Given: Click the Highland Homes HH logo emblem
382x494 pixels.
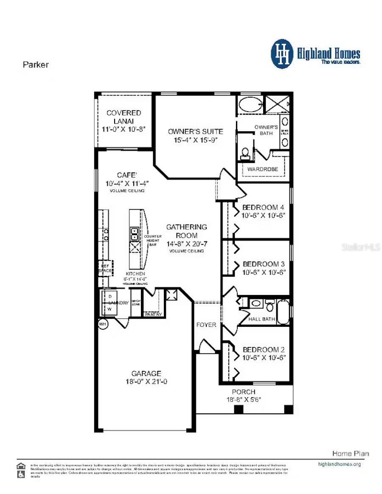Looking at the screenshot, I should click(x=282, y=54).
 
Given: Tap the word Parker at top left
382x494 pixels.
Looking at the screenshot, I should click(x=36, y=65).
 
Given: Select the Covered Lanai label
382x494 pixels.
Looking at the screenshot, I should click(x=124, y=117).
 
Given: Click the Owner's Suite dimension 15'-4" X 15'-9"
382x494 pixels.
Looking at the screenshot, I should click(x=195, y=140).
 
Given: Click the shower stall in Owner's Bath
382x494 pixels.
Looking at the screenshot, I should click(x=277, y=104).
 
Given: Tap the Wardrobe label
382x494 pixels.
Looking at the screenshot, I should click(x=263, y=169).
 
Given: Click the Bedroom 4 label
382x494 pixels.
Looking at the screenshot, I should click(x=263, y=208).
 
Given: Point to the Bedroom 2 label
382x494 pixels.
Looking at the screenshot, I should click(x=263, y=350).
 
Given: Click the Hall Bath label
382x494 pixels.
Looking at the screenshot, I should click(x=262, y=319).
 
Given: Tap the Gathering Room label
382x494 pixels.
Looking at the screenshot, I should click(x=186, y=231).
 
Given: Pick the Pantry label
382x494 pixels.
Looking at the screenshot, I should click(x=153, y=314).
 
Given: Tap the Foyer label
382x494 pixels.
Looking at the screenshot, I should click(x=206, y=325).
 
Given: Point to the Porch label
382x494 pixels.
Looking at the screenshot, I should click(x=244, y=392).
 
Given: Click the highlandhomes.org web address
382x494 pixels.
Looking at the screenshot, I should click(x=339, y=464).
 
